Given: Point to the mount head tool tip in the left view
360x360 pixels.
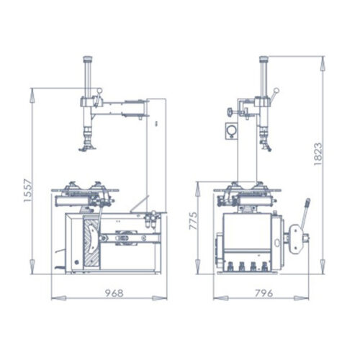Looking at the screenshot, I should pyautogui.click(x=88, y=148).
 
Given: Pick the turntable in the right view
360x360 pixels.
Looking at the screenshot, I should pyautogui.click(x=247, y=190).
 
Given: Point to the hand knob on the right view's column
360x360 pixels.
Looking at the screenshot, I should pyautogui.click(x=228, y=112).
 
